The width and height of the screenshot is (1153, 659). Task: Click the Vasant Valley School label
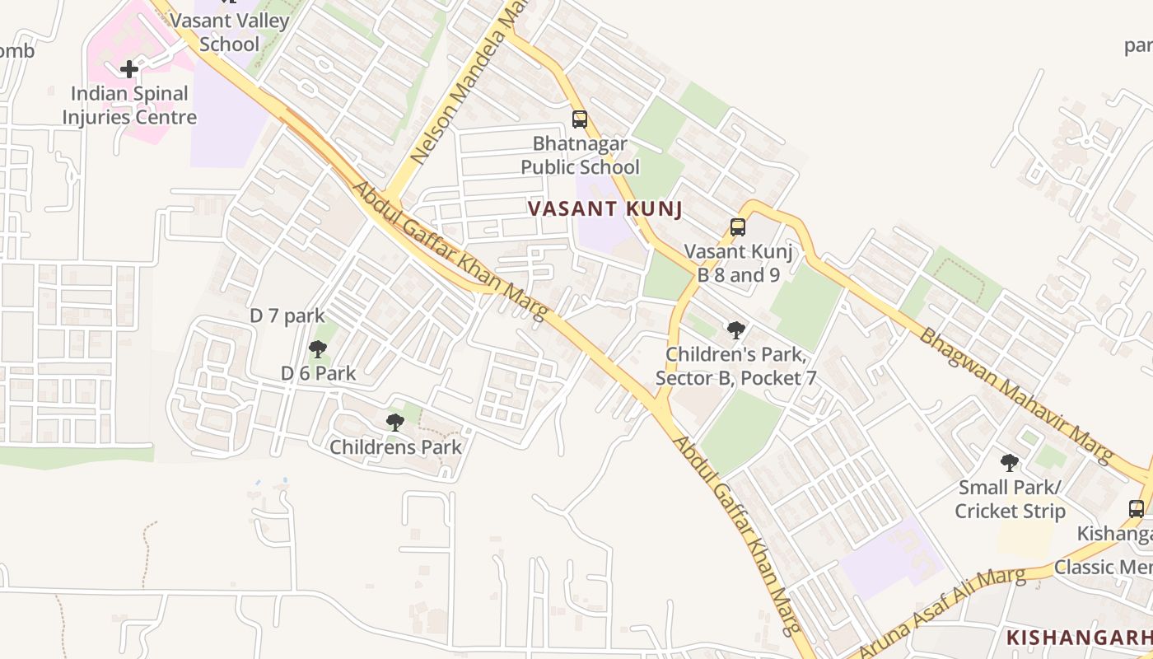pos(229,33)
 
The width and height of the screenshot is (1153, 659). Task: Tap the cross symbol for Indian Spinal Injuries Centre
pos(129,69)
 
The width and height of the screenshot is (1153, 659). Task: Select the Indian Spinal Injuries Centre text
pos(129,105)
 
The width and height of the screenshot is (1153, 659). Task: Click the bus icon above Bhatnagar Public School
pos(580,119)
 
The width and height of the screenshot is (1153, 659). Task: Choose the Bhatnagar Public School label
pos(580,156)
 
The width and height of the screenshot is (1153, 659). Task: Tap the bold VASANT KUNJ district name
pos(605,209)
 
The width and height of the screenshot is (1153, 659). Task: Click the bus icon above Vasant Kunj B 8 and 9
pos(738,227)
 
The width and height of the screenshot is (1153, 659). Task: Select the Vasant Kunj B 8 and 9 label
pos(738,264)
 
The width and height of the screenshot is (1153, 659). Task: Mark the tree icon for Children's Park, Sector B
pos(736,330)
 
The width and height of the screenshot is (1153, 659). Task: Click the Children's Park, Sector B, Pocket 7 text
pos(735,367)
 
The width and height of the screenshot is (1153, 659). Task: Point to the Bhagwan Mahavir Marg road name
pos(1017,395)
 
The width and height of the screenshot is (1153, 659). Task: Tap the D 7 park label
pos(287,316)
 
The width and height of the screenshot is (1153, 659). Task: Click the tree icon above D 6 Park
pos(318,349)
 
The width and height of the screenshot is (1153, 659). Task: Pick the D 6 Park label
pos(319,373)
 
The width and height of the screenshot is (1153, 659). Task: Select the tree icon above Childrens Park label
pos(395,423)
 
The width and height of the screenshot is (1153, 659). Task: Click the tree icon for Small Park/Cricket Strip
pos(1010,463)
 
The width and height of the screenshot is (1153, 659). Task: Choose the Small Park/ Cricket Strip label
pos(1010,499)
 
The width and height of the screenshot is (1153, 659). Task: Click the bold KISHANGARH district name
pos(1079,638)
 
